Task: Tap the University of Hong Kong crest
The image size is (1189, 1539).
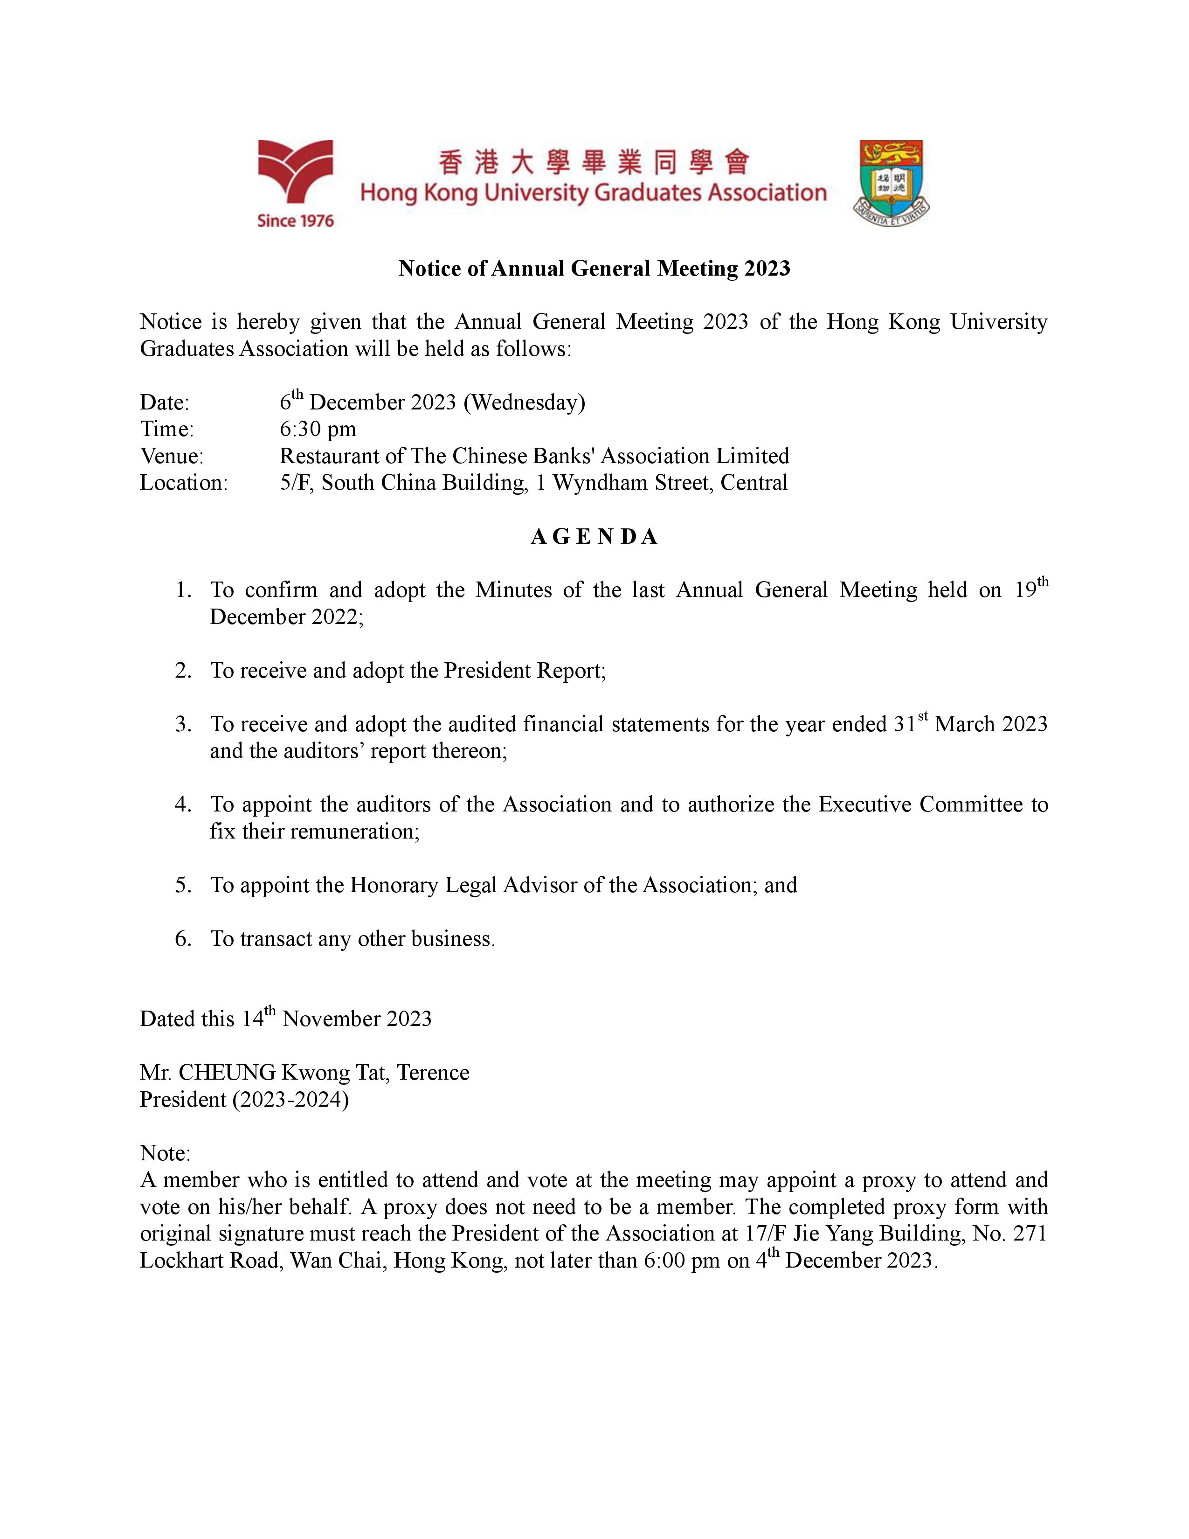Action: tap(891, 182)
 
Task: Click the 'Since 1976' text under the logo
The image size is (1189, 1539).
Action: tap(295, 221)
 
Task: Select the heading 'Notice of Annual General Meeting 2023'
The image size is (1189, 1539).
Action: tap(594, 269)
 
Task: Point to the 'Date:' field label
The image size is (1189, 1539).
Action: tap(164, 402)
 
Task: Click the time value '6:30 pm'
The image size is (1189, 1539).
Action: tap(318, 429)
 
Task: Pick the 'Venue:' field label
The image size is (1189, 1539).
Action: tap(171, 456)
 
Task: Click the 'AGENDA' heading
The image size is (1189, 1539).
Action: tap(594, 537)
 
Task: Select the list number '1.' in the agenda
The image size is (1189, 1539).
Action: tap(183, 590)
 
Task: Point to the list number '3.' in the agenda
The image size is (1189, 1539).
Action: tap(183, 724)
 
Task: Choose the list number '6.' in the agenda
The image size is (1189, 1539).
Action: tap(183, 939)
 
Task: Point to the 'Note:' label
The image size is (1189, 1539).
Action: tap(165, 1153)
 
